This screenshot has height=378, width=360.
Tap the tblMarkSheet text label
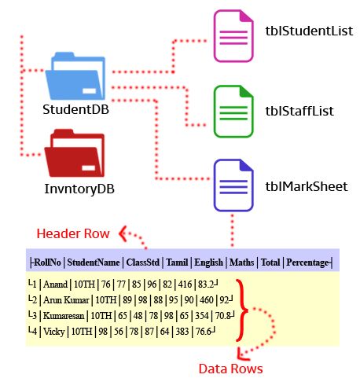(306, 187)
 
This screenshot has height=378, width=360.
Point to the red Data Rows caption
(230, 368)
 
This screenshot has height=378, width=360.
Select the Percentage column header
(309, 262)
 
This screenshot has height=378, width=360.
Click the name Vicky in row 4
(53, 329)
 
